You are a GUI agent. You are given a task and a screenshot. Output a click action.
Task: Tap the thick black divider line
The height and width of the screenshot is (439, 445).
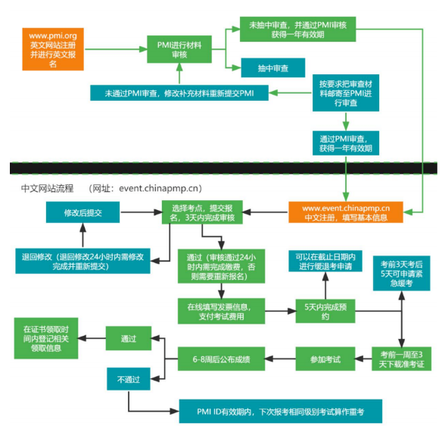222,166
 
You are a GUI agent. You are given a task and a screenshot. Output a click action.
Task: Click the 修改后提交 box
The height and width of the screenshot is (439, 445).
82,213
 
